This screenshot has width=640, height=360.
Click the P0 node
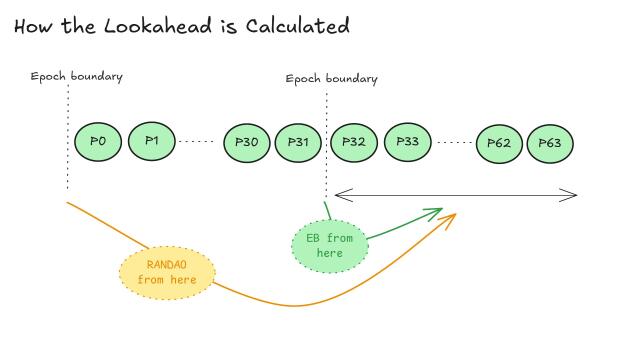pyautogui.click(x=98, y=141)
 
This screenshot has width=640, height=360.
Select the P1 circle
pyautogui.click(x=152, y=141)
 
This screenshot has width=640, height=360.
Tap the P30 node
pyautogui.click(x=247, y=142)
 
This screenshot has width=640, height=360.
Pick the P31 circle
pyautogui.click(x=299, y=142)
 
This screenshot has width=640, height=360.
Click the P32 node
pyautogui.click(x=353, y=142)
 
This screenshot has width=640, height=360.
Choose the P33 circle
pyautogui.click(x=407, y=142)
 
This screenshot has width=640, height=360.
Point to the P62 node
pyautogui.click(x=499, y=143)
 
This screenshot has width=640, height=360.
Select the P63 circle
pyautogui.click(x=550, y=143)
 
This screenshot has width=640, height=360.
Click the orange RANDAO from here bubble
pyautogui.click(x=167, y=271)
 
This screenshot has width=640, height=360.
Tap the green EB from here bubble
pyautogui.click(x=329, y=245)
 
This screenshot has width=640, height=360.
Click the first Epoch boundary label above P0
pyautogui.click(x=76, y=77)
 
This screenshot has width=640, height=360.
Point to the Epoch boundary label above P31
pyautogui.click(x=331, y=79)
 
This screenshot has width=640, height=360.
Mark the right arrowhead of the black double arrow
pyautogui.click(x=574, y=194)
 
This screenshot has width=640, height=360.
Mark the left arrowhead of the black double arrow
pyautogui.click(x=338, y=194)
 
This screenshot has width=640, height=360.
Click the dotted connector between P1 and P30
pyautogui.click(x=197, y=142)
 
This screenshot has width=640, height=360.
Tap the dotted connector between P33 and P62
pyautogui.click(x=455, y=142)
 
